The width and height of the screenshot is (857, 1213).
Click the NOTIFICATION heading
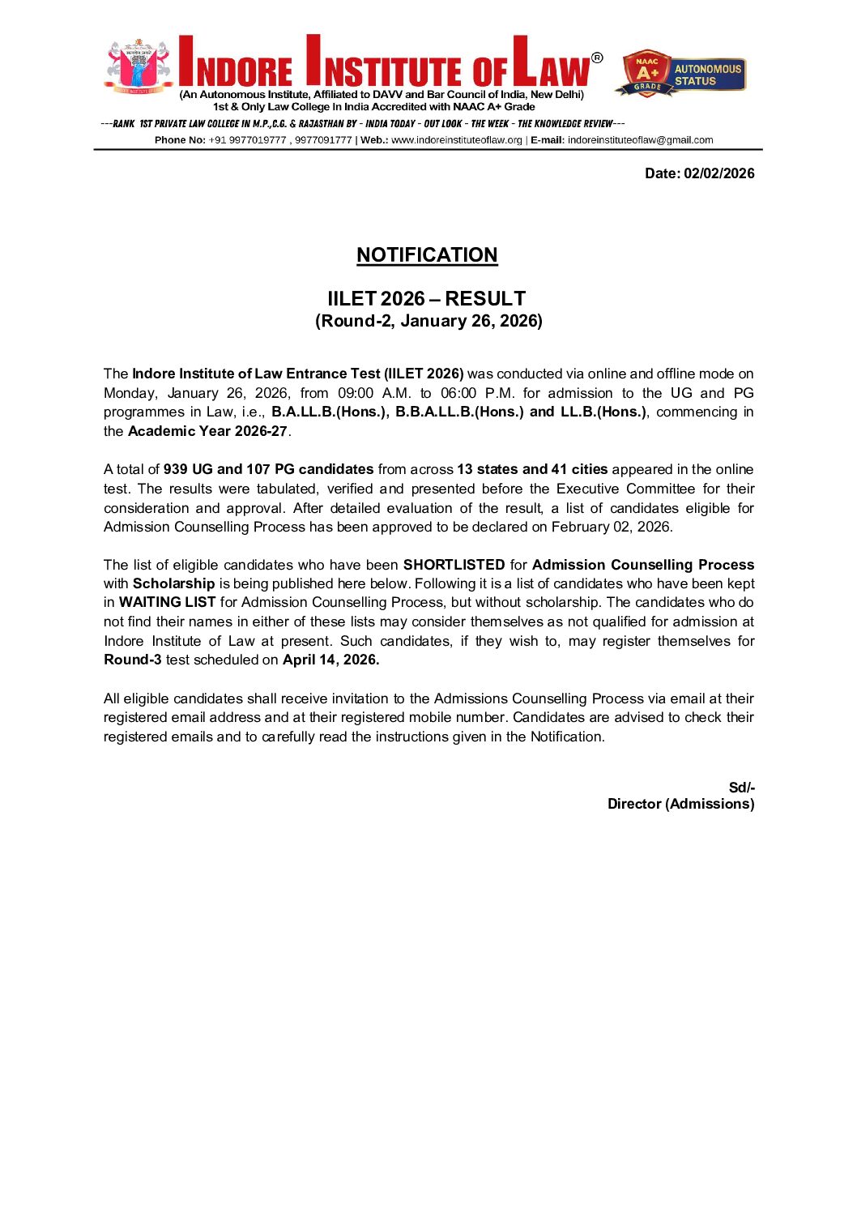click(427, 255)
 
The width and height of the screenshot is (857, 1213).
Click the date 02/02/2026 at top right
click(718, 173)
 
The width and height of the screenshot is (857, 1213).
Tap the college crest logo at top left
click(139, 66)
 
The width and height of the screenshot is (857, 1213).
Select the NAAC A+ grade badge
click(646, 73)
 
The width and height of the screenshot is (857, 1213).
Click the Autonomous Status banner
click(708, 75)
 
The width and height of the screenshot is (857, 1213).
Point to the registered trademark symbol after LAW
click(597, 58)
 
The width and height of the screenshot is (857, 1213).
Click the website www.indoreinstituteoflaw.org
click(457, 140)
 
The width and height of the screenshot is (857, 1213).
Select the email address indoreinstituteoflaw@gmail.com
click(640, 140)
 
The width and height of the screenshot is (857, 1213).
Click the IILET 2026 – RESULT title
click(427, 298)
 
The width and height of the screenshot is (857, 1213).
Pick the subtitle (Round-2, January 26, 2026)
click(428, 321)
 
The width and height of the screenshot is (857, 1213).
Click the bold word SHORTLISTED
click(454, 565)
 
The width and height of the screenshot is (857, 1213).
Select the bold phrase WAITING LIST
click(167, 602)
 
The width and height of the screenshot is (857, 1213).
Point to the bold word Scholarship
click(173, 583)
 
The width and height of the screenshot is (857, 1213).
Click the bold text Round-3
click(132, 660)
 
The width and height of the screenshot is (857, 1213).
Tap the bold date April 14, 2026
click(330, 660)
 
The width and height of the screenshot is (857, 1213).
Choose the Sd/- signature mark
click(741, 788)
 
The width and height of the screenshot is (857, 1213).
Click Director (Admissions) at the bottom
click(680, 804)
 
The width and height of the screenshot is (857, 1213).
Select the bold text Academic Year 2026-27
click(207, 431)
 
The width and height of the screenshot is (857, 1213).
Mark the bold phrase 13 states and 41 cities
click(532, 469)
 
